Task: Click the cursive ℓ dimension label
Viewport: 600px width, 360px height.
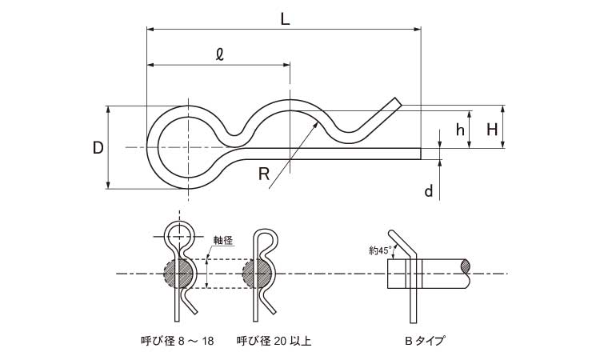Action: [219, 54]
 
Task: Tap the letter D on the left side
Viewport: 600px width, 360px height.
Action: [98, 148]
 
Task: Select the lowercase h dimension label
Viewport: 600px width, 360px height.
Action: [459, 130]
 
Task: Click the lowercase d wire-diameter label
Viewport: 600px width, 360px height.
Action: [429, 190]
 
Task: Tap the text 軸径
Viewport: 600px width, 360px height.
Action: [223, 239]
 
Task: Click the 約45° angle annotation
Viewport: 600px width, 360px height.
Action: [380, 250]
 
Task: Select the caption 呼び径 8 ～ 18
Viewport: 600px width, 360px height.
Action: [177, 341]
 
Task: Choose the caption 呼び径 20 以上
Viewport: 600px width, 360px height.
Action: [274, 341]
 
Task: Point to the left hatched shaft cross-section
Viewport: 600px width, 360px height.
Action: [179, 274]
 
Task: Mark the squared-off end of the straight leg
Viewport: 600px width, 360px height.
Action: [418, 153]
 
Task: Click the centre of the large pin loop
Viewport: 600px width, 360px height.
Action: [190, 147]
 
